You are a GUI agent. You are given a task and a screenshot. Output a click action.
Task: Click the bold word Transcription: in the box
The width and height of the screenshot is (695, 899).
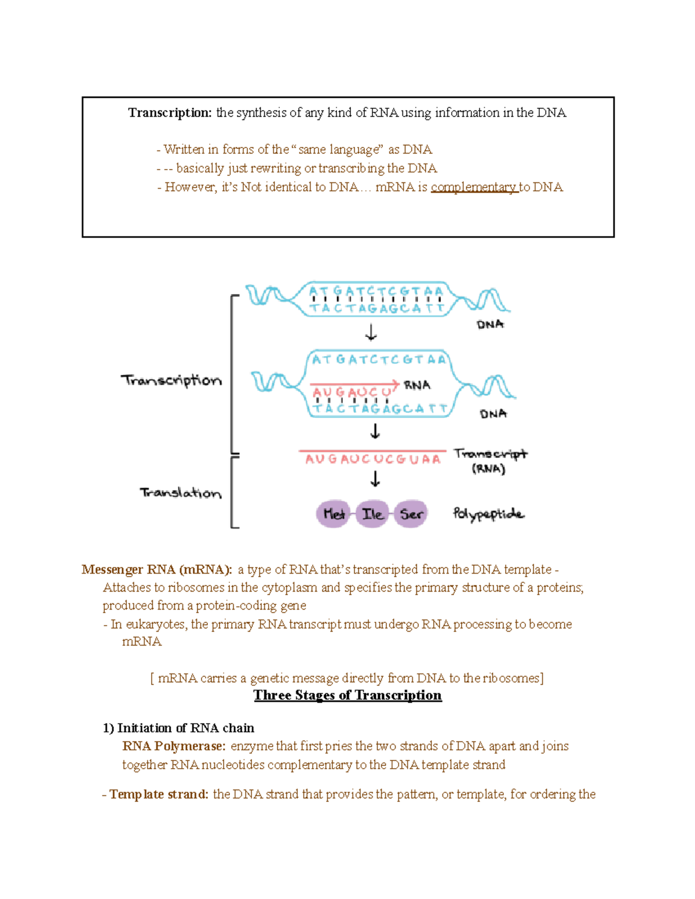pyautogui.click(x=170, y=113)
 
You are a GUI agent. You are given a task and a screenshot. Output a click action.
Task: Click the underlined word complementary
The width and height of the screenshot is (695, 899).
pyautogui.click(x=473, y=187)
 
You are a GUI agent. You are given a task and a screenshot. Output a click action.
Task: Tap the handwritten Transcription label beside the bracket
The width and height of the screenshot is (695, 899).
pyautogui.click(x=171, y=380)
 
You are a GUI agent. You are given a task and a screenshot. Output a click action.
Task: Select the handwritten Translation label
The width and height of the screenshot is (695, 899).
pyautogui.click(x=181, y=493)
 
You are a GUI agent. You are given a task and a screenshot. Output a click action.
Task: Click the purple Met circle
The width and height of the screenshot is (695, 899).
pyautogui.click(x=334, y=513)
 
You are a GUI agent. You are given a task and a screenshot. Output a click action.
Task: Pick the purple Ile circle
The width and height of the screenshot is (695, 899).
pyautogui.click(x=372, y=513)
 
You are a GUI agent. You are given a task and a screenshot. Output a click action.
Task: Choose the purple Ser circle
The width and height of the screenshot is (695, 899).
pyautogui.click(x=411, y=513)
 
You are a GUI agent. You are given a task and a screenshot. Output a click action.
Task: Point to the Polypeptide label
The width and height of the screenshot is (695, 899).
pyautogui.click(x=488, y=514)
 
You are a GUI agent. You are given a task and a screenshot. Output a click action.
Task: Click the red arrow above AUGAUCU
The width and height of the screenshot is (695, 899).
pyautogui.click(x=354, y=384)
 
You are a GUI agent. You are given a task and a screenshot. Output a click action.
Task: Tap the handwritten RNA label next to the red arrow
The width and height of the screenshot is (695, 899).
pyautogui.click(x=417, y=385)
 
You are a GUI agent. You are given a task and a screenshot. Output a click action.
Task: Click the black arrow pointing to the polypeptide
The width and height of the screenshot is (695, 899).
pyautogui.click(x=375, y=479)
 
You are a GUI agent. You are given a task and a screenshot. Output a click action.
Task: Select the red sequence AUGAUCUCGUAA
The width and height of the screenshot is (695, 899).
pyautogui.click(x=373, y=459)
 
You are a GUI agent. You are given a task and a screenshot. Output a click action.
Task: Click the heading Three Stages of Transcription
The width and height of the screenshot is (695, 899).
pyautogui.click(x=348, y=695)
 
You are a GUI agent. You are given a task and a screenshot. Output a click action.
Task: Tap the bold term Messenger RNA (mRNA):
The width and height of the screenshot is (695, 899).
pyautogui.click(x=157, y=570)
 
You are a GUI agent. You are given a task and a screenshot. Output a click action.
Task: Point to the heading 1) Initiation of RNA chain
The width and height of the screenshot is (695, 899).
pyautogui.click(x=178, y=728)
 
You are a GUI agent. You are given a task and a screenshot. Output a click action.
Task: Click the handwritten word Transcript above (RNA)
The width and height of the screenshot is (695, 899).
pyautogui.click(x=490, y=454)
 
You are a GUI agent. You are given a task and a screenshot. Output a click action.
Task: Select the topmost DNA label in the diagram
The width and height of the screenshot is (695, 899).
pyautogui.click(x=490, y=325)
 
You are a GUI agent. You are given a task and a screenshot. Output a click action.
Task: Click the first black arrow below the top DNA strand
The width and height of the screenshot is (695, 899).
pyautogui.click(x=371, y=333)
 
